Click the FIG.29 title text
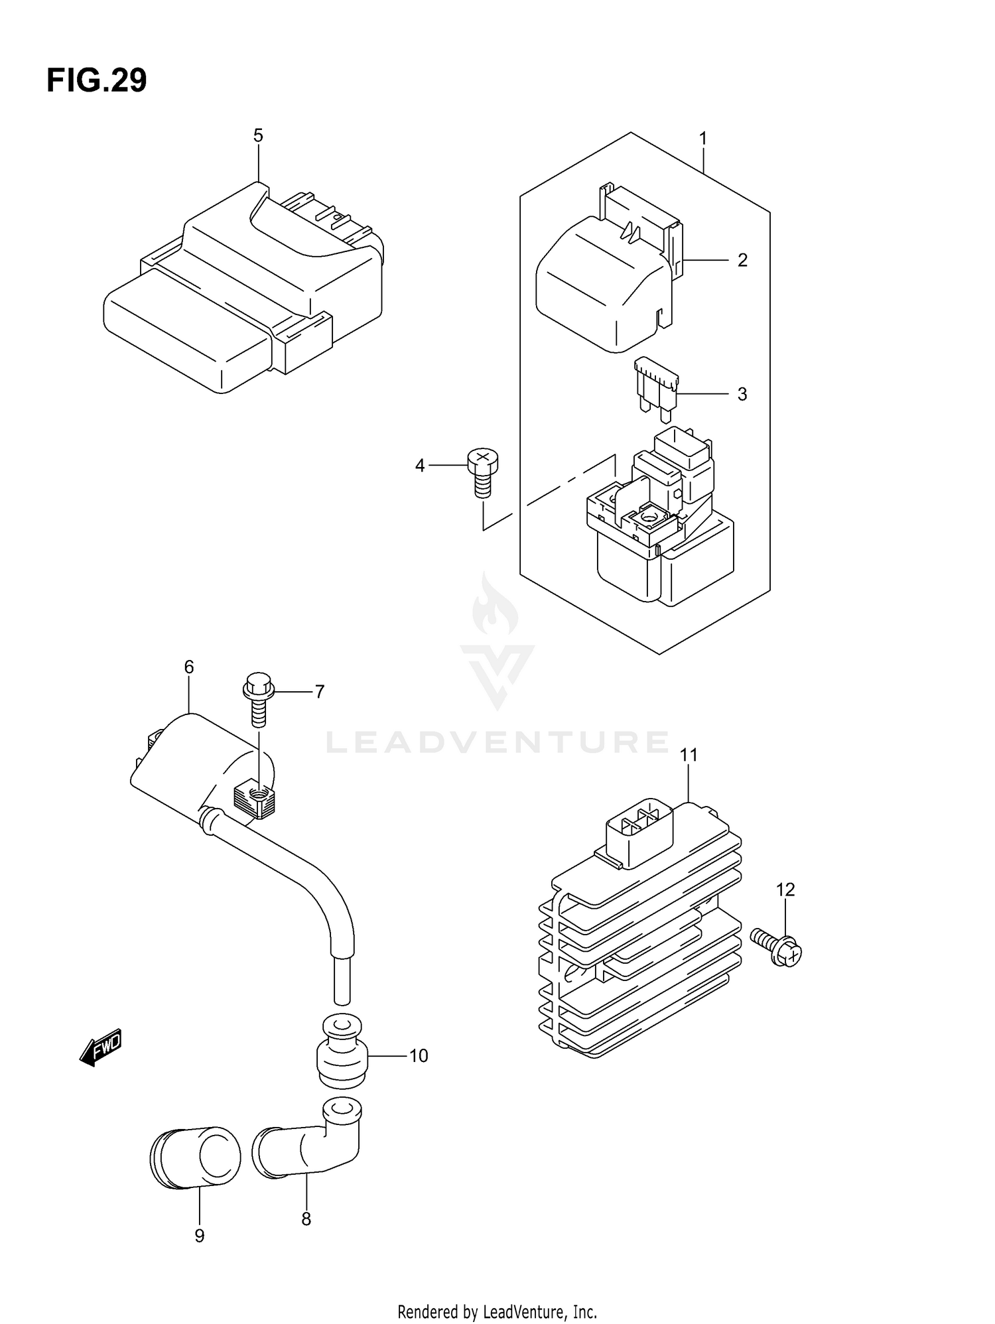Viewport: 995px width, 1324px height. (97, 81)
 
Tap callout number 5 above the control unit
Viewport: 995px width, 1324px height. (258, 136)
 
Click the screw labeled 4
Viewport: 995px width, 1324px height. (483, 470)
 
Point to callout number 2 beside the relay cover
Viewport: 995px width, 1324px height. (742, 260)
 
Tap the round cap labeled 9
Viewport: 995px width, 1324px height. (195, 1158)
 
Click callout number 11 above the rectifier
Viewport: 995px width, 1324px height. (689, 755)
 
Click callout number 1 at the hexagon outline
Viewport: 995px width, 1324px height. (702, 139)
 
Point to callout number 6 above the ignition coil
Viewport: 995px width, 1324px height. (189, 667)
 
